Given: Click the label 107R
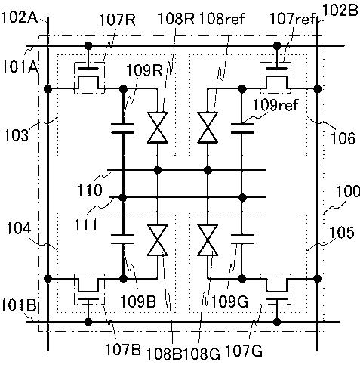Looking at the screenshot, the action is [118, 20].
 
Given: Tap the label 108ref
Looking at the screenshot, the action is [222, 18].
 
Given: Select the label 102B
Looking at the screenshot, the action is [340, 11].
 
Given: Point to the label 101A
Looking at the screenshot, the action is [20, 67].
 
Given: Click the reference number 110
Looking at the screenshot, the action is [90, 190].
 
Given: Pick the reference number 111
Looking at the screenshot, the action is [85, 224].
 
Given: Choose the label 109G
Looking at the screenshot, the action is [229, 301].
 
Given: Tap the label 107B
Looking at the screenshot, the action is [122, 349].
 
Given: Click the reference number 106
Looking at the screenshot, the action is [343, 138].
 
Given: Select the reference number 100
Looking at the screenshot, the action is [348, 191].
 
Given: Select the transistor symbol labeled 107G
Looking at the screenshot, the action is [276, 289].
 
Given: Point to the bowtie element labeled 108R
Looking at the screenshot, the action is [158, 128].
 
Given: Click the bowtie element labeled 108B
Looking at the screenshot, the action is [158, 240].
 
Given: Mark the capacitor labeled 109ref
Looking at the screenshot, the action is [242, 128].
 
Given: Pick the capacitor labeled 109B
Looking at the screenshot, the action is [123, 239].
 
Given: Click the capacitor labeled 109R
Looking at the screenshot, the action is [123, 128].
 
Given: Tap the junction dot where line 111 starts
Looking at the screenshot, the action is [123, 197].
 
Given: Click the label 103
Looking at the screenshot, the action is [16, 135].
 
